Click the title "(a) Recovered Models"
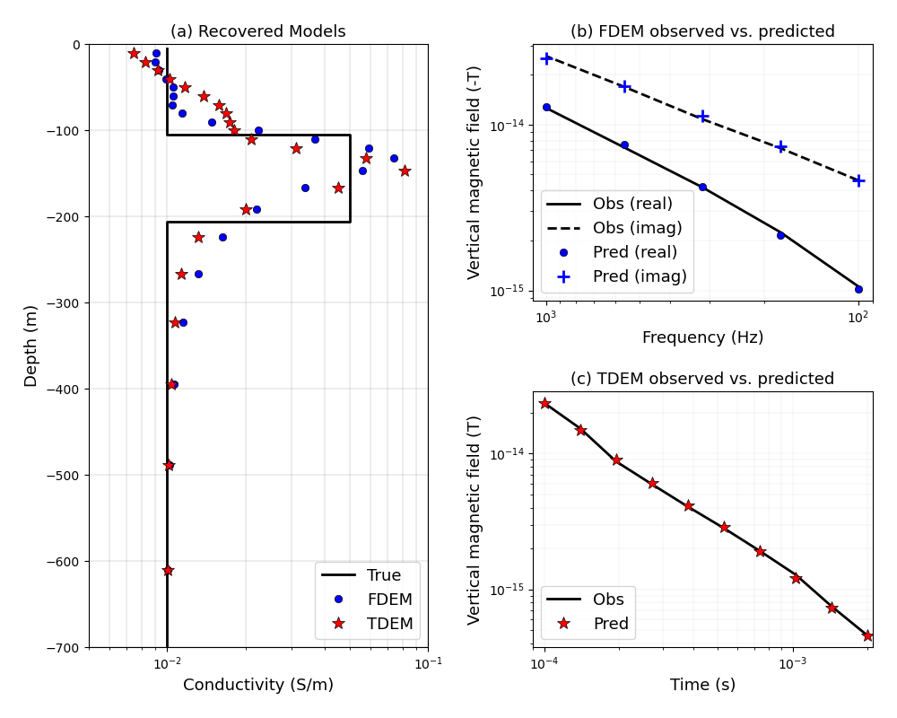pos(257,31)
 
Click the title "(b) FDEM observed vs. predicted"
pos(702,31)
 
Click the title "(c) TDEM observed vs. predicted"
pos(702,379)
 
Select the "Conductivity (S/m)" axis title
pos(257,685)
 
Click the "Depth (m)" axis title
pos(31,346)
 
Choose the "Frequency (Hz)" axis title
pos(702,337)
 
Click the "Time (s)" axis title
pos(702,685)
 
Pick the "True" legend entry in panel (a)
pos(383,575)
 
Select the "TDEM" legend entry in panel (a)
pos(389,624)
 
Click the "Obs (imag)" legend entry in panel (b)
pos(637,228)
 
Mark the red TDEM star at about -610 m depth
pos(168,570)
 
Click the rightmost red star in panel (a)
pos(405,171)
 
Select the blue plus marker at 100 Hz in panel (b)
pos(858,180)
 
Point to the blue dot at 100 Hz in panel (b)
pos(858,289)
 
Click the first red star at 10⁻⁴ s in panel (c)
pos(544,403)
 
